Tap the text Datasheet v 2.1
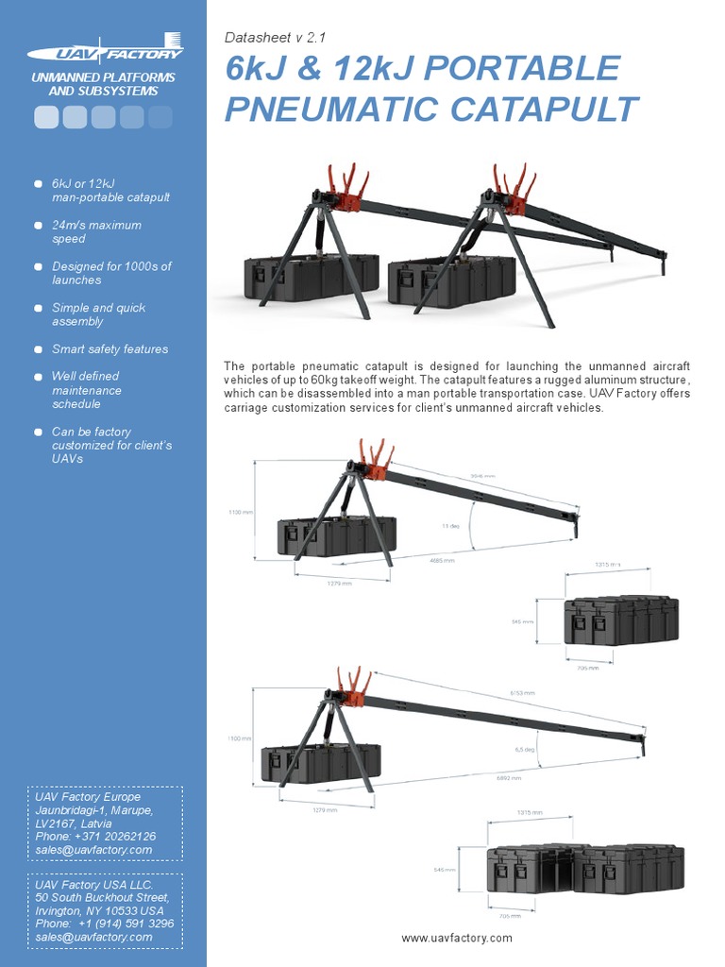pos(275,38)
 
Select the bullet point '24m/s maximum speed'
pos(96,231)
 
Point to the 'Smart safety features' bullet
pos(110,348)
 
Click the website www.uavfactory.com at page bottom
pos(456,938)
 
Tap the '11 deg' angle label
pos(452,525)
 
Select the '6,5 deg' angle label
pos(524,749)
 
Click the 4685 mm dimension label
pos(442,560)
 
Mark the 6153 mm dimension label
pos(522,692)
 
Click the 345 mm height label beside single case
pos(522,622)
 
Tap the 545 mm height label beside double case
pos(444,870)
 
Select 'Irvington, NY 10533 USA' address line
pos(100,910)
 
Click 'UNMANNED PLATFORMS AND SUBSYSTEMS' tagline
pos(103,84)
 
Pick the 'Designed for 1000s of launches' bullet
pos(111,273)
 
